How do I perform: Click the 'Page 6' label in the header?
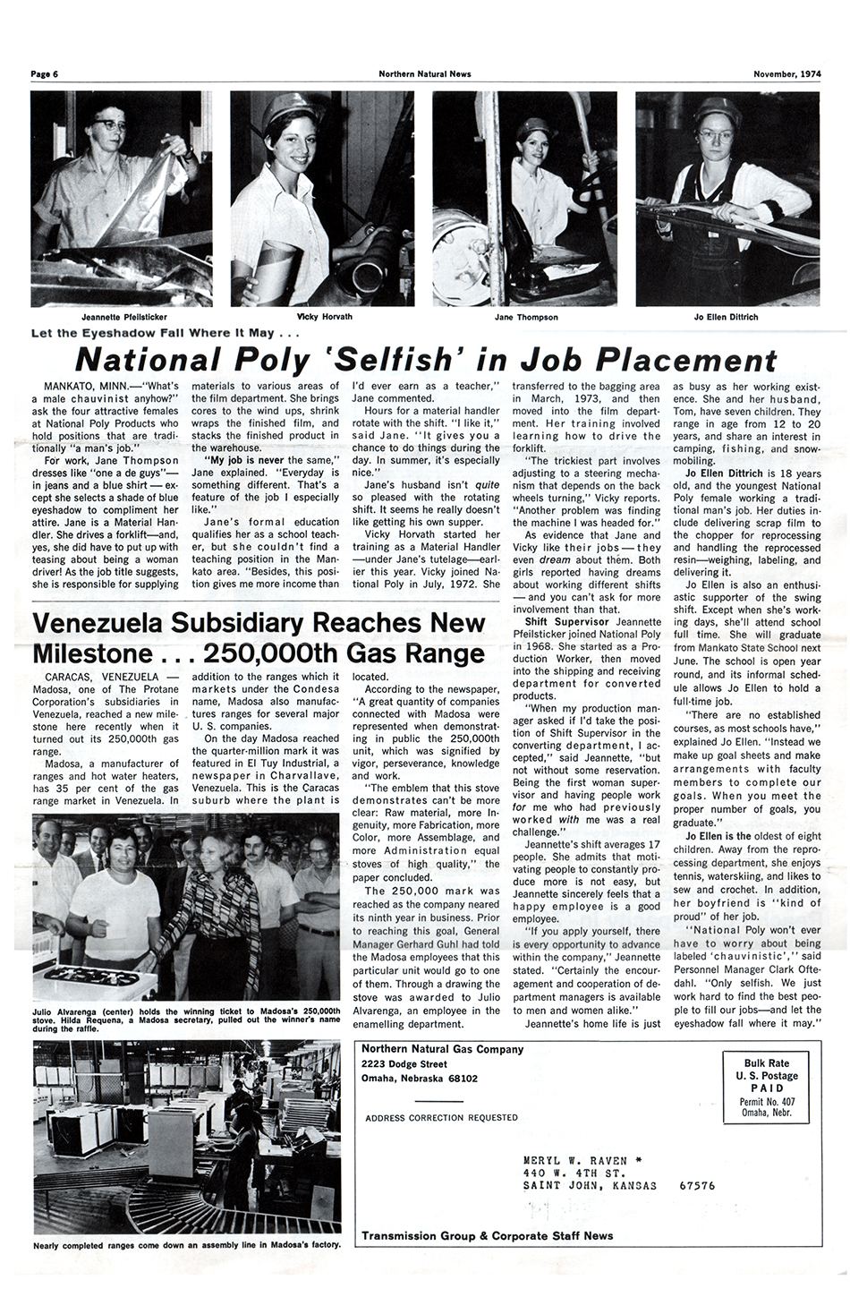pyautogui.click(x=44, y=74)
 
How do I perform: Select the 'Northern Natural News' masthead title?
pyautogui.click(x=425, y=74)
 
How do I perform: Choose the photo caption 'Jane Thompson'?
pyautogui.click(x=526, y=317)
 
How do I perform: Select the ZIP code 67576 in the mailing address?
pyautogui.click(x=697, y=1186)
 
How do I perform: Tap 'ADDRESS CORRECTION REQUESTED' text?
pyautogui.click(x=441, y=1118)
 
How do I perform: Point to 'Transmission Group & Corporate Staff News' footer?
pyautogui.click(x=488, y=1236)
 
